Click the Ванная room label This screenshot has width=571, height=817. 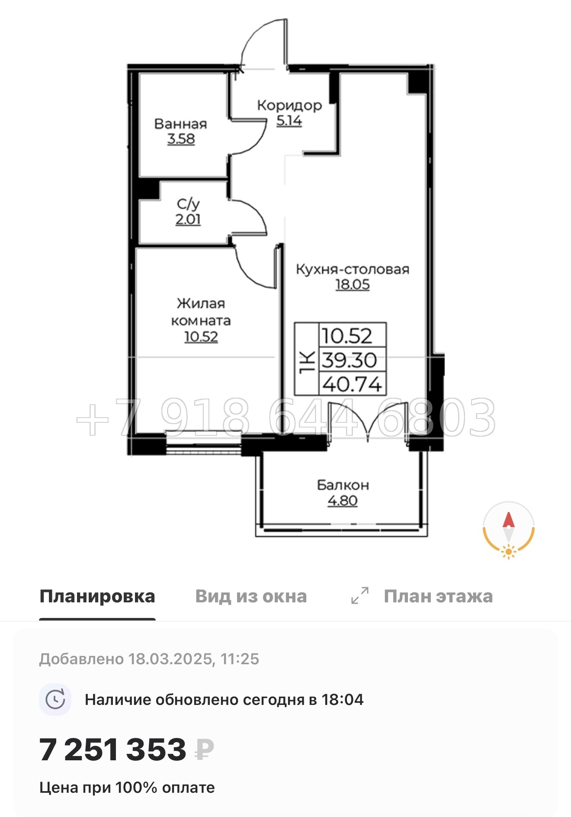coord(180,124)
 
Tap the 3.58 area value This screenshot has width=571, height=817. coord(181,139)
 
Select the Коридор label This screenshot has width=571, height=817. coord(289,105)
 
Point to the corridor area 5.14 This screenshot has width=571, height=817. coord(289,121)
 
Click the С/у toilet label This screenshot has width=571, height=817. coord(188,204)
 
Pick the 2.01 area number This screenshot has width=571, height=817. coord(188,219)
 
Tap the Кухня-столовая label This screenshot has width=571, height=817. coord(353,269)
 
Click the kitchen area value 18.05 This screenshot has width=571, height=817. coord(353,285)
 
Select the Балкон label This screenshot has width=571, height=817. coord(343,485)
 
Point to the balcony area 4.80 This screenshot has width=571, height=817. coord(343,501)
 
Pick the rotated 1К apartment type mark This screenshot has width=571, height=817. coord(307,359)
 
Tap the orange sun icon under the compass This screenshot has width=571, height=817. coord(508,552)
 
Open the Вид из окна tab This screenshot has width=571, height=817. coord(251,596)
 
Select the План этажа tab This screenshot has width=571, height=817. coord(438,596)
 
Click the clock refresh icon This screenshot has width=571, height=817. coord(55,699)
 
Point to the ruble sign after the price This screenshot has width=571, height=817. coord(204,750)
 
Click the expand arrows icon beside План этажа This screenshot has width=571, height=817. coord(360,596)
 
